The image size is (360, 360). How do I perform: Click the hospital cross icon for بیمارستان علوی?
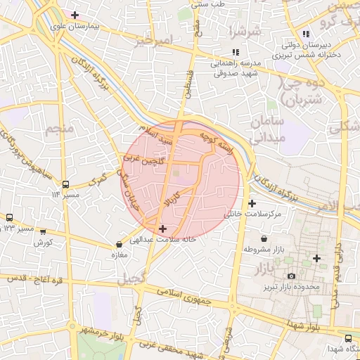tap(75, 14)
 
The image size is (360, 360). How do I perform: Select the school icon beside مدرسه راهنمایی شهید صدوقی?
tap(236, 52)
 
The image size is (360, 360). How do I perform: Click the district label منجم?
tap(58, 129)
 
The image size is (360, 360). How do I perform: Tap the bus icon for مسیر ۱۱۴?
tap(65, 185)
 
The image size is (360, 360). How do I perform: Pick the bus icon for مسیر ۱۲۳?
tap(10, 218)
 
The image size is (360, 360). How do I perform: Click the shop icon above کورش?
tap(43, 231)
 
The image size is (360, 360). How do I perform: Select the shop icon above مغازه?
tap(118, 245)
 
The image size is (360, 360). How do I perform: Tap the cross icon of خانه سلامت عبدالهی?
tap(163, 229)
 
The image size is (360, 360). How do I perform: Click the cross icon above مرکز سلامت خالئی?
tap(252, 202)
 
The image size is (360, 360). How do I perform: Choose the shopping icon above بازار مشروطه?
tap(264, 238)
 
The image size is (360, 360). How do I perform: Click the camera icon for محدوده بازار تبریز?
tap(291, 276)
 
